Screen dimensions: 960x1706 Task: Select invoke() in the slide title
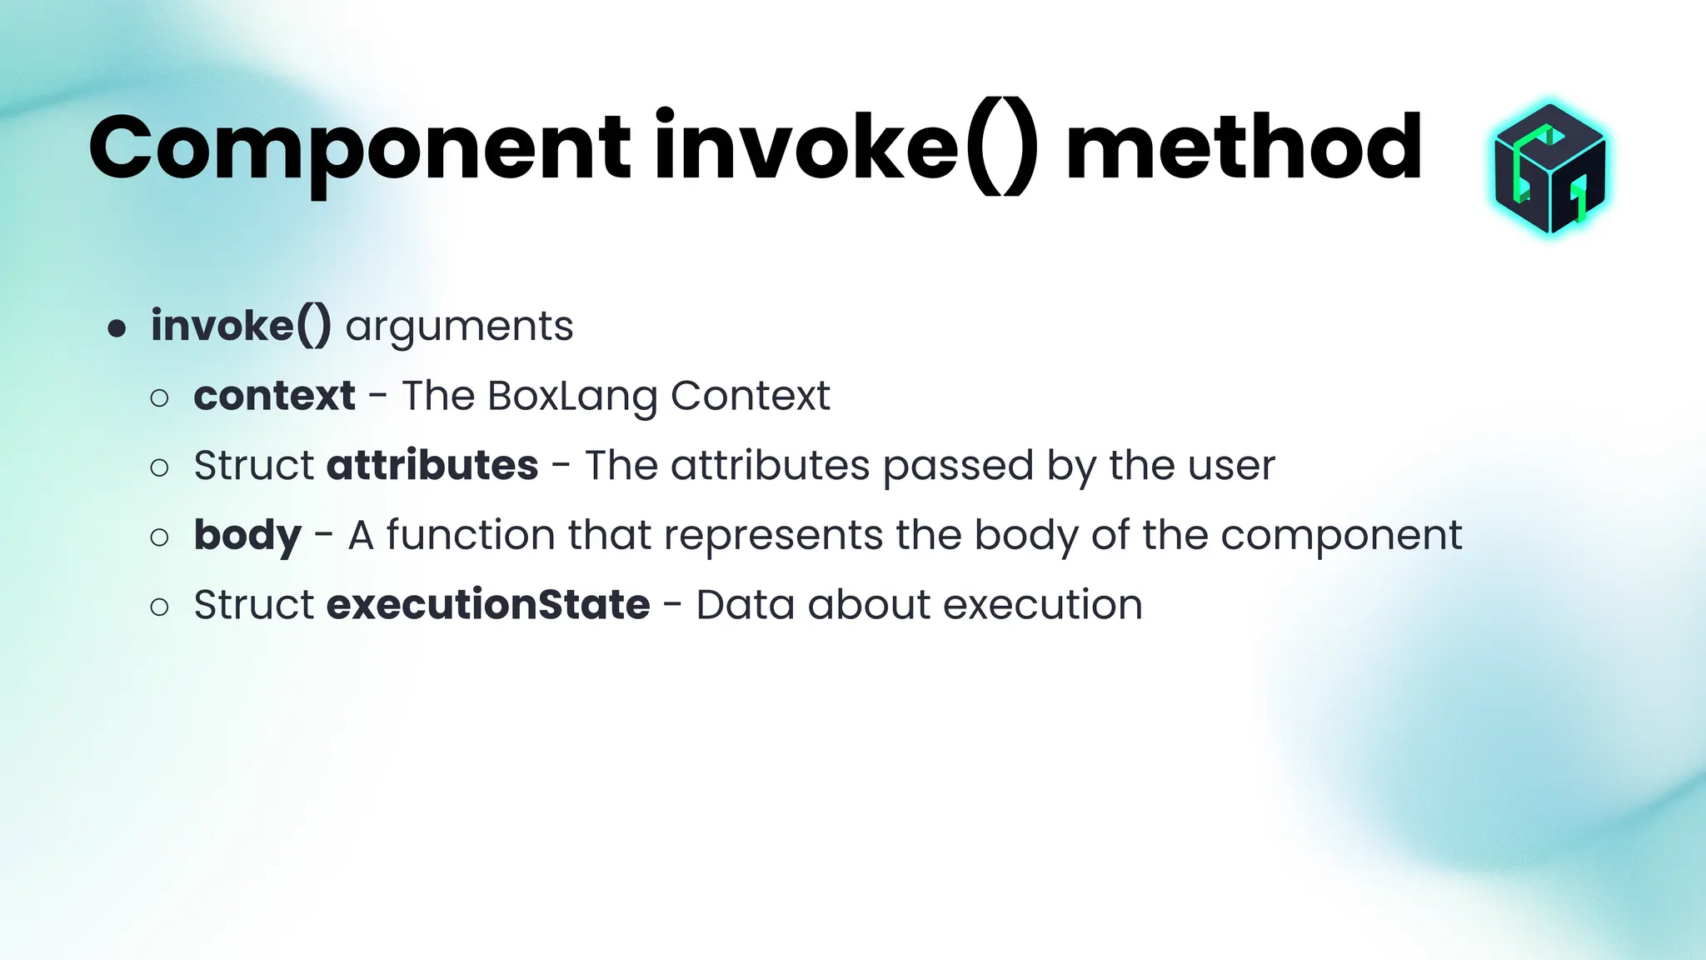click(846, 150)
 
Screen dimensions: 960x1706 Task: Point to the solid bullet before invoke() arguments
click(117, 328)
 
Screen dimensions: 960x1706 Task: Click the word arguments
click(459, 327)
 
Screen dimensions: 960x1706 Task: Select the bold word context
click(274, 396)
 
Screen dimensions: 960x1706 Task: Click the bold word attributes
click(432, 465)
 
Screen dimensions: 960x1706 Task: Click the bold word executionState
click(488, 604)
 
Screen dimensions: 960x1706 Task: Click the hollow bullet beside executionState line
click(159, 607)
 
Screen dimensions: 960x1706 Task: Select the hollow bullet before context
click(159, 398)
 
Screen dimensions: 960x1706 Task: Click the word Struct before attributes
click(254, 465)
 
